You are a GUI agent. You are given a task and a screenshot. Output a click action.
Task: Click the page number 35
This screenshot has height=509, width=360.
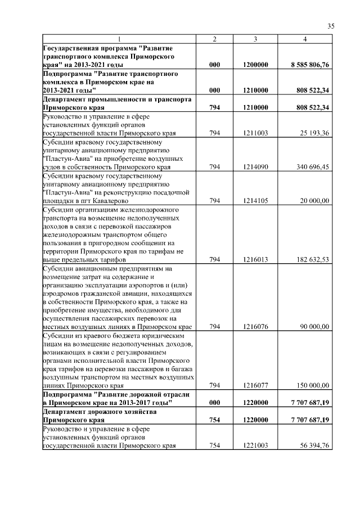coord(331,26)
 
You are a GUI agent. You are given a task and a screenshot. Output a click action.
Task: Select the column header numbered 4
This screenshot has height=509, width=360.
coord(305,39)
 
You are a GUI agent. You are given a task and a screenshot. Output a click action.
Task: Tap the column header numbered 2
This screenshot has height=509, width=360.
coord(214,39)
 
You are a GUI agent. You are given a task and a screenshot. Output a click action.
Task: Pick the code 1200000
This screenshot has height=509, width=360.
coord(256,65)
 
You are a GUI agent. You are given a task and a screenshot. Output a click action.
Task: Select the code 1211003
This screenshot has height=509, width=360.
coord(256,133)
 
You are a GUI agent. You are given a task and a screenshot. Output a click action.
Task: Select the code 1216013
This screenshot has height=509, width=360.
coord(256,260)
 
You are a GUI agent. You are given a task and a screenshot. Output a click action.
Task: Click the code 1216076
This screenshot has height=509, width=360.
coord(256,327)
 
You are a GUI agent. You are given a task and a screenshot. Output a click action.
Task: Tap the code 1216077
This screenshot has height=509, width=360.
coord(256,386)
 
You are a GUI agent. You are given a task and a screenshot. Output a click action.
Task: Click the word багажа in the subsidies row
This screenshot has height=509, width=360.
coord(177,370)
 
